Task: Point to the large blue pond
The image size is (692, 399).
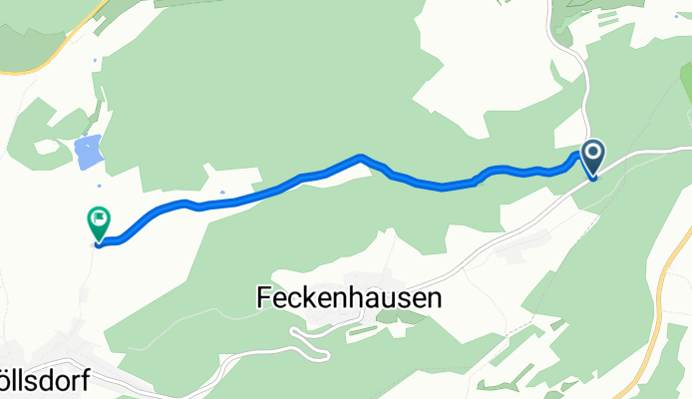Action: click(88, 152)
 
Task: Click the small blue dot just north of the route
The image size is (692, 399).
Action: click(221, 193)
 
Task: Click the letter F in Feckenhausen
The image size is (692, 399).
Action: click(263, 297)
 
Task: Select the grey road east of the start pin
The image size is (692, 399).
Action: click(648, 151)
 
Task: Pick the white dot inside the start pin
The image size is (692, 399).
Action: click(593, 152)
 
